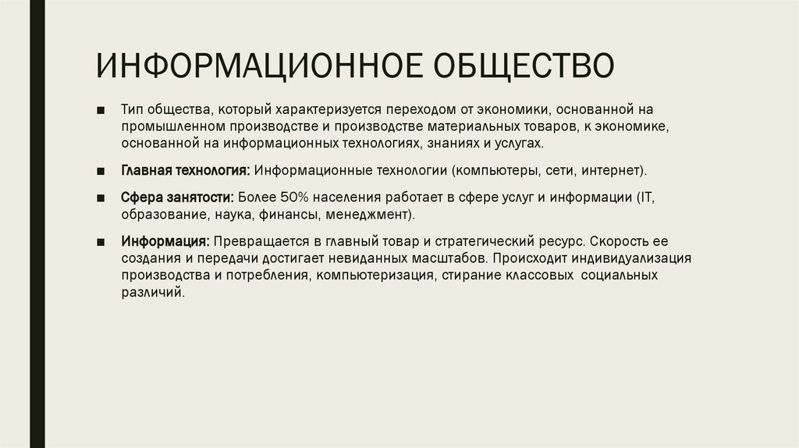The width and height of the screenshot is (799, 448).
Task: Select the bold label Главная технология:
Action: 185,169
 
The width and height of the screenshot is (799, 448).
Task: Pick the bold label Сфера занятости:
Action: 178,198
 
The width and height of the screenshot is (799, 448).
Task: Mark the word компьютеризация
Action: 375,276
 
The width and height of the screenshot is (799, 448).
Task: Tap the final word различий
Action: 153,291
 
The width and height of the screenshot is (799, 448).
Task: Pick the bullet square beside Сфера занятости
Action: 101,198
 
